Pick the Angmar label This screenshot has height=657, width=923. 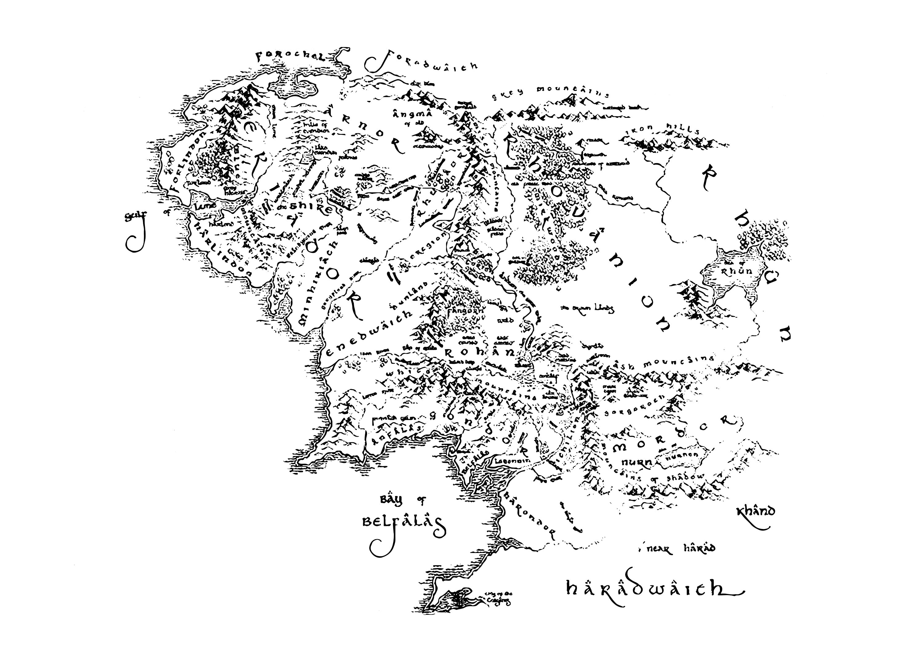[411, 115]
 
